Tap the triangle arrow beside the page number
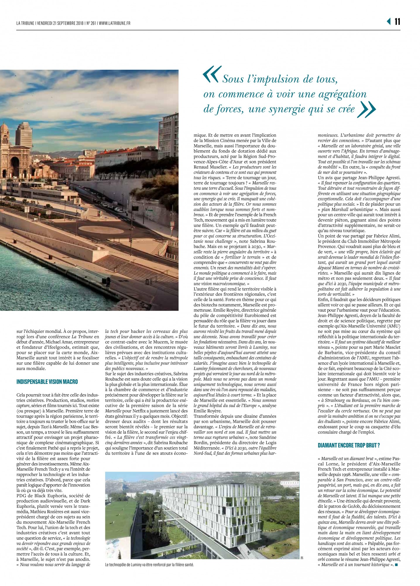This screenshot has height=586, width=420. pos(389,22)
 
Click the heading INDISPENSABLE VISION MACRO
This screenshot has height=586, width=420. pos(47,381)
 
